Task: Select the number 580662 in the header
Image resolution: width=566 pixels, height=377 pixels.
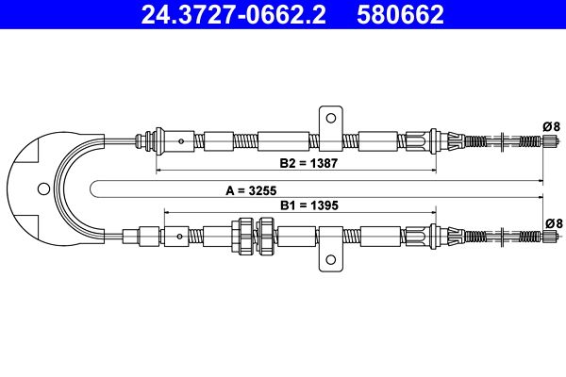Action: pos(400,14)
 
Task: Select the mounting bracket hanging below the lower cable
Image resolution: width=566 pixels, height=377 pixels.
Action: pos(330,258)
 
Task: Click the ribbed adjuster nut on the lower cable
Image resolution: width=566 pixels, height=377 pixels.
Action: pos(254,235)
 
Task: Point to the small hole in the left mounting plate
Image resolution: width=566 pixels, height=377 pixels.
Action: pos(42,188)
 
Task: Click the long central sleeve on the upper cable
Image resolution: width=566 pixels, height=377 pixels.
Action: pos(287,142)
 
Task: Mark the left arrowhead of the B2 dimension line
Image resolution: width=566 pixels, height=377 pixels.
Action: pos(158,172)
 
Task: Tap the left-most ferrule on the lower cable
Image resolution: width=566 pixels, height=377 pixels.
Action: pos(150,235)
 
